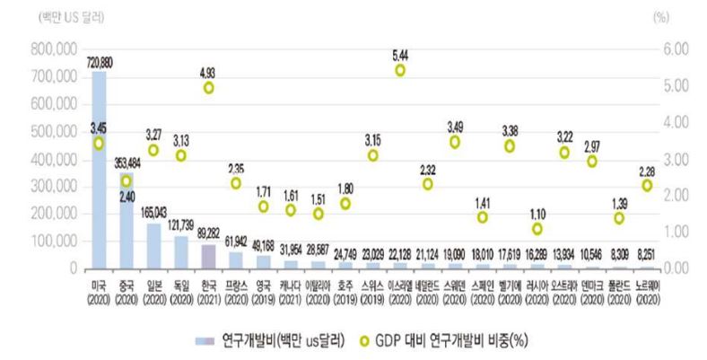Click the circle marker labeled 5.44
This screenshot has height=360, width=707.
point(400,70)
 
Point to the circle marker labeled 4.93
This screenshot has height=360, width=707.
point(209,88)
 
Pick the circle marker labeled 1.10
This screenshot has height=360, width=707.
point(537,229)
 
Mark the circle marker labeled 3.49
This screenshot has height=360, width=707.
point(455,142)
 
